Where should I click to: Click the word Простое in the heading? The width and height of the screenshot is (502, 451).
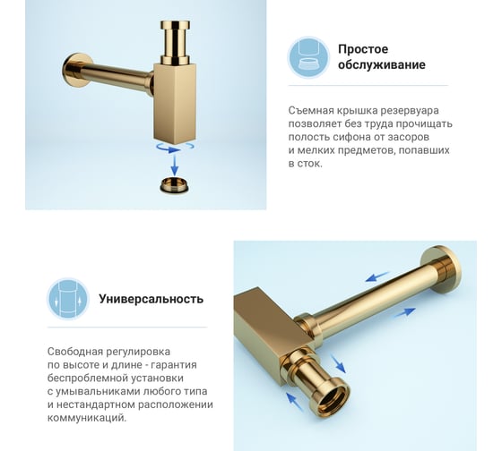click(x=363, y=49)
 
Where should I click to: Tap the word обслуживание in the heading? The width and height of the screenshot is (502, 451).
click(x=382, y=64)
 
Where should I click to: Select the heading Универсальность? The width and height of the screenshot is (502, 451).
click(x=151, y=299)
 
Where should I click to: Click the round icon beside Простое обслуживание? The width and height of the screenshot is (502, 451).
click(x=308, y=57)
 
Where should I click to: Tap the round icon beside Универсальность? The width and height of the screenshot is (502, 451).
click(x=68, y=299)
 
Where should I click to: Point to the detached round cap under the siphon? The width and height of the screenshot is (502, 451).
click(x=174, y=185)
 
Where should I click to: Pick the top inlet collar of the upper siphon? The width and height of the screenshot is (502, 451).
click(x=175, y=25)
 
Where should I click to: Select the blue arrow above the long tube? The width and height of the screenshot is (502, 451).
click(x=377, y=277)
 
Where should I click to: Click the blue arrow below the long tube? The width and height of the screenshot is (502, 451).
click(x=405, y=312)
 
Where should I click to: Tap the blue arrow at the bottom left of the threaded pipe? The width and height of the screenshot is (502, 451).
click(x=295, y=402)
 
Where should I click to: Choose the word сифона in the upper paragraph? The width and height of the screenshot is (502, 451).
click(x=351, y=137)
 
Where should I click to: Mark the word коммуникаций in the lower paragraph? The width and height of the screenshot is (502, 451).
click(x=87, y=418)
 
